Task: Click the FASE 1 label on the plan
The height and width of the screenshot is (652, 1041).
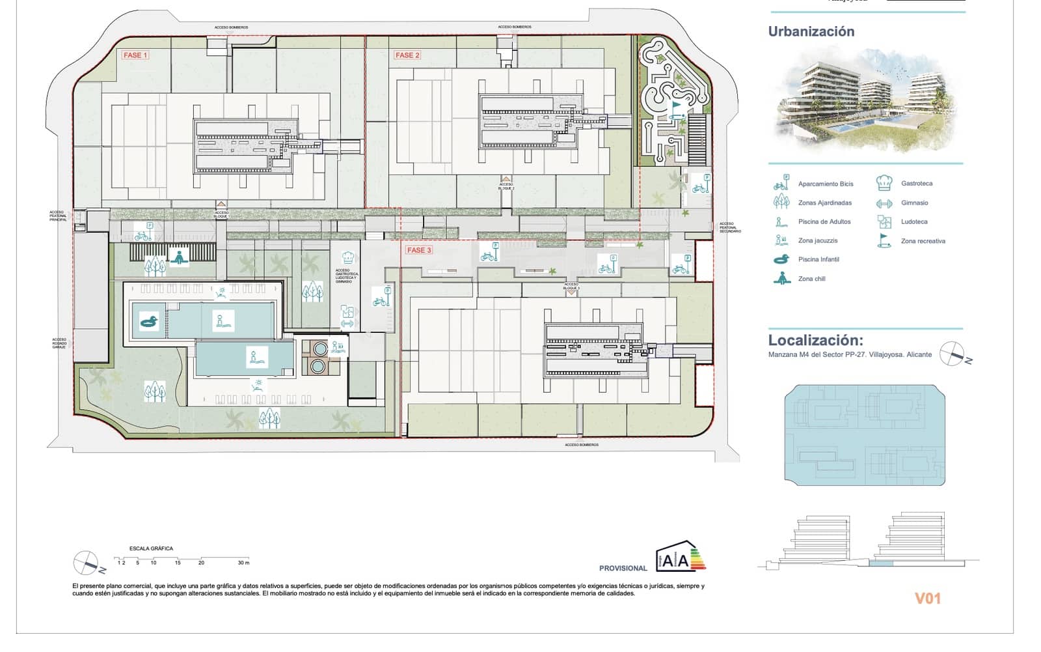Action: (135, 55)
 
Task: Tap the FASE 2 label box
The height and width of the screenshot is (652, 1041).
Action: (407, 55)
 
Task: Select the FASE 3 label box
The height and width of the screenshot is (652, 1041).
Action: (418, 250)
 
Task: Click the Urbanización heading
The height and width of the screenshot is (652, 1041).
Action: (811, 31)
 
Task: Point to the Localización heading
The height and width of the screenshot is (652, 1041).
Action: (815, 340)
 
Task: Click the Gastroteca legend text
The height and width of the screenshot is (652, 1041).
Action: (916, 184)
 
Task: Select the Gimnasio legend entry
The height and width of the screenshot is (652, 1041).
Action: (914, 203)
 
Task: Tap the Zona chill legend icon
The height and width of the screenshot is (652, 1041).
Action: (781, 278)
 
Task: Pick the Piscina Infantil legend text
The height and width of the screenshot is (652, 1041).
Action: (818, 259)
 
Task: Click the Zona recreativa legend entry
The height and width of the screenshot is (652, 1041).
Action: (923, 241)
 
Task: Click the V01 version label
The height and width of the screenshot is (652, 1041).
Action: (927, 598)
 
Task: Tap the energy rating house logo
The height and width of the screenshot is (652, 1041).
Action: (680, 558)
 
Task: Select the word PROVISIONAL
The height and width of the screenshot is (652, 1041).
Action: (623, 568)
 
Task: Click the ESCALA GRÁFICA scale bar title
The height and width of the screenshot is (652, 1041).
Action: (151, 548)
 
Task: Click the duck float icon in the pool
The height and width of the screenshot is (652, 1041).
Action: (149, 321)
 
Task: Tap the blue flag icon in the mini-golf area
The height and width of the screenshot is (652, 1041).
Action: (677, 106)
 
